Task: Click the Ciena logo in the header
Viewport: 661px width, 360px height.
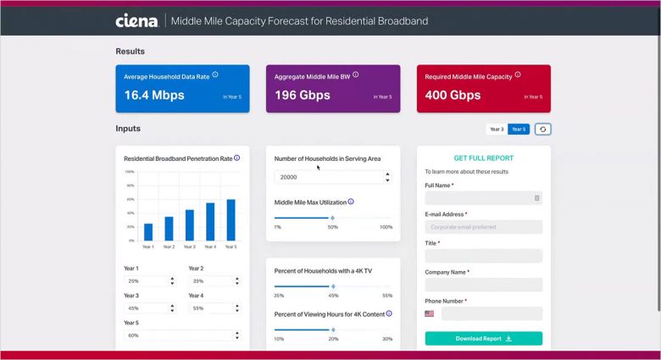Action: (136, 20)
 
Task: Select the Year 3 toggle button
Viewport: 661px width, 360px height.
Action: (497, 129)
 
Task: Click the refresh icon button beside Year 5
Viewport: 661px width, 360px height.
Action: (543, 129)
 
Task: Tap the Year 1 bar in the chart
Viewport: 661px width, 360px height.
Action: (148, 231)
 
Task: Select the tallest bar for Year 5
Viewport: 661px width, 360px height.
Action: (231, 219)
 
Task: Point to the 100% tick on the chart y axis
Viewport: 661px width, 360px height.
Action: (131, 172)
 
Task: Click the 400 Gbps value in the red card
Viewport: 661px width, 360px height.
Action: (453, 95)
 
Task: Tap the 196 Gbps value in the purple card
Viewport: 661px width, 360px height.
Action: (303, 95)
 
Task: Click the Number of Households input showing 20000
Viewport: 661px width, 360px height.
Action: (326, 178)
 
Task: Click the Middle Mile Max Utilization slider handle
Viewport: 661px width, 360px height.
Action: (332, 218)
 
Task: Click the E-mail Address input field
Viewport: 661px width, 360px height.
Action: (483, 227)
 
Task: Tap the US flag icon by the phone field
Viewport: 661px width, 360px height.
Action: (430, 313)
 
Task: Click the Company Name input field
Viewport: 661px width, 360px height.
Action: (483, 285)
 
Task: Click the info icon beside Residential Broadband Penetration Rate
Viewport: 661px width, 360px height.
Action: (237, 158)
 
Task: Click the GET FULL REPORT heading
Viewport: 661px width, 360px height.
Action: (483, 158)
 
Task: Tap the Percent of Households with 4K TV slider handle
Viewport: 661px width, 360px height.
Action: (332, 285)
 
